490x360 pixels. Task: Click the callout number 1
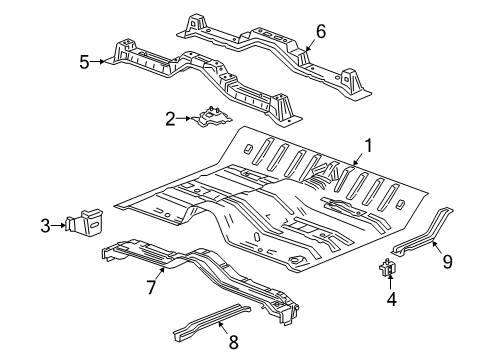tap(369, 145)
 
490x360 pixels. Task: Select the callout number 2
tap(171, 119)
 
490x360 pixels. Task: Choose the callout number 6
tap(320, 31)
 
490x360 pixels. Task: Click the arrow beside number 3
tap(60, 227)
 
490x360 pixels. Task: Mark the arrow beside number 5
tap(100, 62)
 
